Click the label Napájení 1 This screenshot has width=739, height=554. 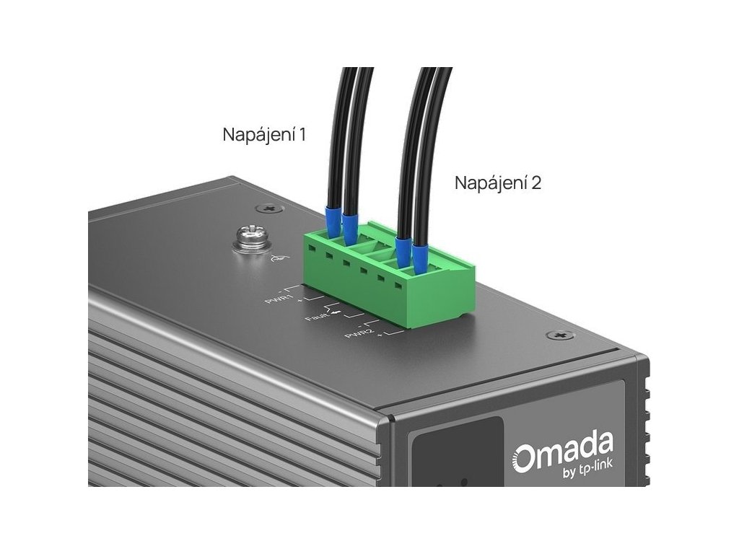(264, 135)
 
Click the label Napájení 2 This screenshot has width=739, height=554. (498, 183)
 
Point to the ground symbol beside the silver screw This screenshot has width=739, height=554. (274, 260)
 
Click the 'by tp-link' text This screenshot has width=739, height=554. (582, 472)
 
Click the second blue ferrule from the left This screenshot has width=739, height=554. (351, 228)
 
